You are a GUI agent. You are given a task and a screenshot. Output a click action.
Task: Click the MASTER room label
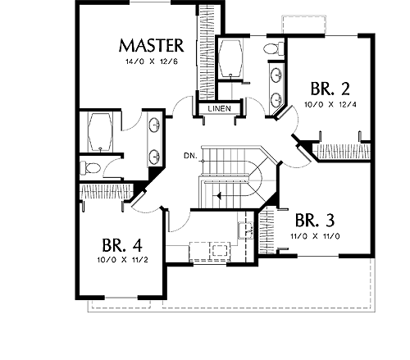tap(151, 46)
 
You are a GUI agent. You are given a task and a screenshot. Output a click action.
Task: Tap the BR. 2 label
tap(330, 89)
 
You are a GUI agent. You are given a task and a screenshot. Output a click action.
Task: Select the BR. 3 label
tap(315, 221)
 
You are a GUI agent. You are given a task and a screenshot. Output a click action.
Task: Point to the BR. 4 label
tap(122, 245)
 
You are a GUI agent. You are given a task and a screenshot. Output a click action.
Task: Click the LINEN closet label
tap(220, 108)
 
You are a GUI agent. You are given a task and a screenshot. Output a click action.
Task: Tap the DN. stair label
tap(190, 156)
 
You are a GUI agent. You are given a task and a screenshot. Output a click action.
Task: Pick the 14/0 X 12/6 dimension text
tap(152, 62)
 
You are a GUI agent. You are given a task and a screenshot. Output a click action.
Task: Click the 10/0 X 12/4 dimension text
tap(330, 104)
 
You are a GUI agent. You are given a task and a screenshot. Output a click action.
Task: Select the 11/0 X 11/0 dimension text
tap(315, 236)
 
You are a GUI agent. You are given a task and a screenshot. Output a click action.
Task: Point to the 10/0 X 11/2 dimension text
tap(122, 260)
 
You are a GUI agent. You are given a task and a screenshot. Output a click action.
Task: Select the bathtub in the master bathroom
tap(100, 132)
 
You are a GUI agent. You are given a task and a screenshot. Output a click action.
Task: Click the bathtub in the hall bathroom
tap(231, 58)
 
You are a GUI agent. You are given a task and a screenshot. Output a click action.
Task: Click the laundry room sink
tap(246, 230)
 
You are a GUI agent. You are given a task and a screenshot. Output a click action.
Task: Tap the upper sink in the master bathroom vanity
tap(154, 125)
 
